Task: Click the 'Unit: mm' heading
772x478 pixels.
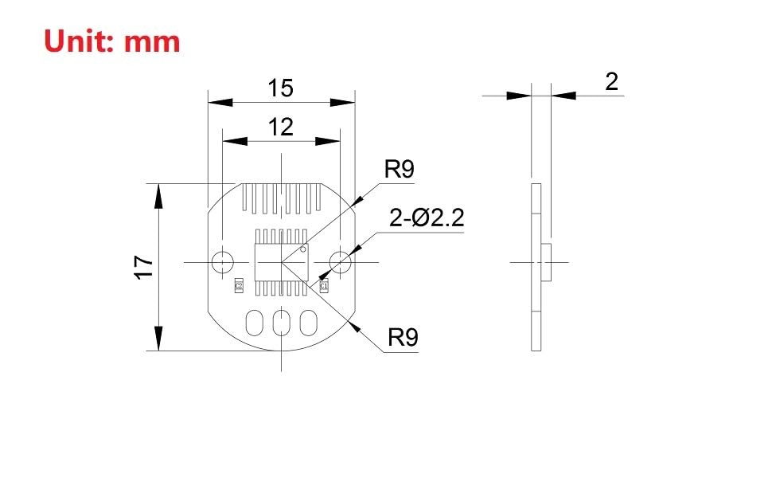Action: tap(112, 40)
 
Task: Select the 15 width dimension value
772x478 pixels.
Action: tap(280, 88)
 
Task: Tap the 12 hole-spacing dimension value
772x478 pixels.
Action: tap(280, 127)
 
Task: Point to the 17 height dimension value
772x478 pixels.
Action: tap(144, 266)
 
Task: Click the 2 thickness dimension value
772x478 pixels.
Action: tap(611, 81)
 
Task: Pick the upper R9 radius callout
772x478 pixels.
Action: tap(399, 170)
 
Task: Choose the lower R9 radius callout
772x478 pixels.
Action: tap(403, 339)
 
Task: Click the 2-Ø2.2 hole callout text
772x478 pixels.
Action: tap(427, 217)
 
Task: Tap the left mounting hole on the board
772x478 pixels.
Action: tap(223, 261)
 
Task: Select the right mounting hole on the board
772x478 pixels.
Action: tap(340, 261)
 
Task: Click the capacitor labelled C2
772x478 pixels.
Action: tap(238, 284)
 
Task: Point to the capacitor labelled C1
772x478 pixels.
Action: tap(324, 284)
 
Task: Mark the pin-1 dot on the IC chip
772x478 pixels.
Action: tap(303, 249)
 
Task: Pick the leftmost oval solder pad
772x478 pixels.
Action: tap(255, 323)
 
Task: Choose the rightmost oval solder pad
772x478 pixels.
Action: tap(307, 323)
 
